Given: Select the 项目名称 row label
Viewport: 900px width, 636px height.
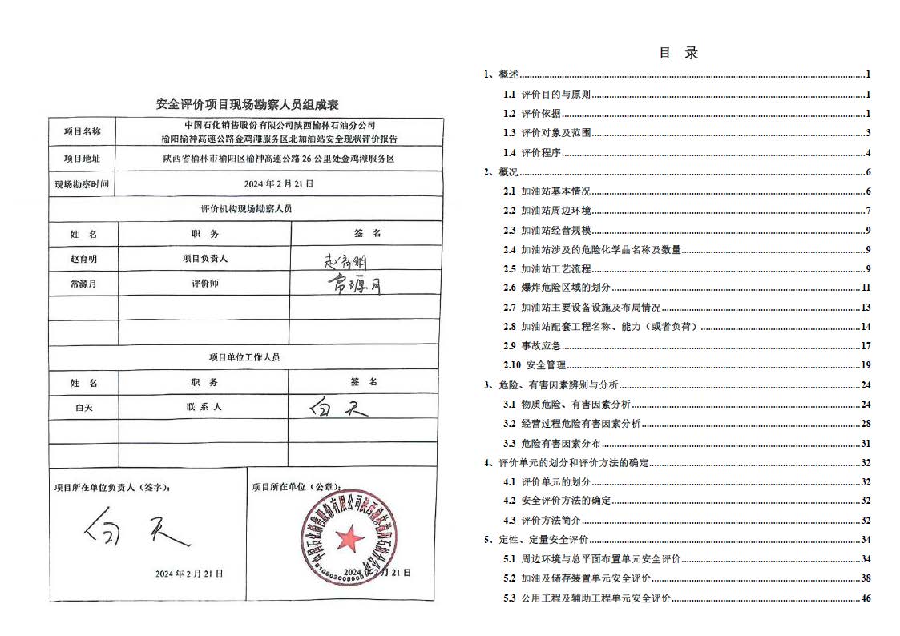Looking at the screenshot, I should [x=83, y=131].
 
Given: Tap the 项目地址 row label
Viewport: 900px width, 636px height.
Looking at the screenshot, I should [x=83, y=159].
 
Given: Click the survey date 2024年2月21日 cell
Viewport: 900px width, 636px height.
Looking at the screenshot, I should [x=278, y=183].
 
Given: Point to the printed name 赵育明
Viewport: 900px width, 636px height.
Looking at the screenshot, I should [x=83, y=259].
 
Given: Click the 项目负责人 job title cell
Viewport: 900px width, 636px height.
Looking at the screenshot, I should [x=204, y=259].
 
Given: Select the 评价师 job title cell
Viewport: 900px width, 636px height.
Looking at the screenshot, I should [x=204, y=283].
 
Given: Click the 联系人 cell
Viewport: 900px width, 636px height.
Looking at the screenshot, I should [x=204, y=407].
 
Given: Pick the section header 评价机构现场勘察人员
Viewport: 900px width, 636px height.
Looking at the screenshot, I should [x=245, y=208].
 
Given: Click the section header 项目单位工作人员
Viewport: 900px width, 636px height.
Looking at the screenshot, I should [x=245, y=357].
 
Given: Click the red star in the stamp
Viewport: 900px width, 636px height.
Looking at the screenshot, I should [x=349, y=537].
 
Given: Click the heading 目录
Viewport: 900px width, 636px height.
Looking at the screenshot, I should [x=678, y=54].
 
